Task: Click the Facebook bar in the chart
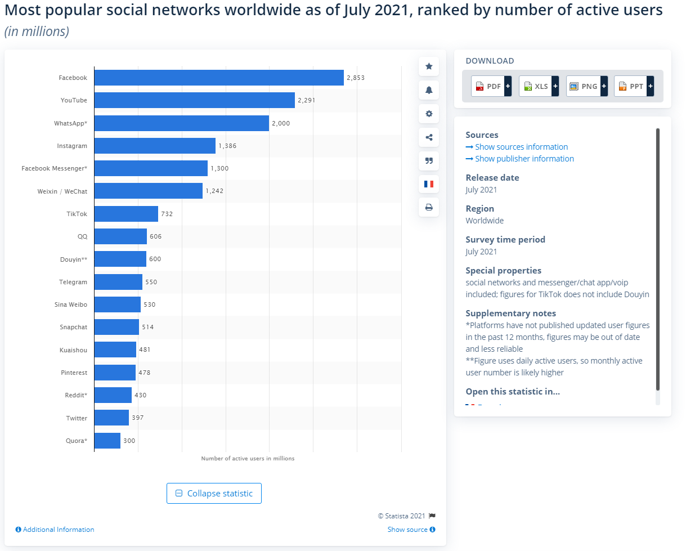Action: pyautogui.click(x=218, y=78)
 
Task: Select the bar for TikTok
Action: pyautogui.click(x=126, y=214)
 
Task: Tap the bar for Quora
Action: pyautogui.click(x=107, y=441)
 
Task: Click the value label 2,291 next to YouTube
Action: pyautogui.click(x=307, y=100)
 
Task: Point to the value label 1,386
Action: pyautogui.click(x=228, y=146)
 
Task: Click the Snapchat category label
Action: pyautogui.click(x=73, y=327)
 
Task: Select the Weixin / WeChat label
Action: pyautogui.click(x=62, y=191)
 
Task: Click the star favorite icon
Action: pyautogui.click(x=429, y=66)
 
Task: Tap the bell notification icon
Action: pyautogui.click(x=429, y=90)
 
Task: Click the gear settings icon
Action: pyautogui.click(x=429, y=114)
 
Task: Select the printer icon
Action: pyautogui.click(x=429, y=207)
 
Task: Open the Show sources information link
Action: pyautogui.click(x=521, y=147)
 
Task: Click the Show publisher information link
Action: pyautogui.click(x=524, y=159)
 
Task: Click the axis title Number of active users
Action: pyautogui.click(x=248, y=459)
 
